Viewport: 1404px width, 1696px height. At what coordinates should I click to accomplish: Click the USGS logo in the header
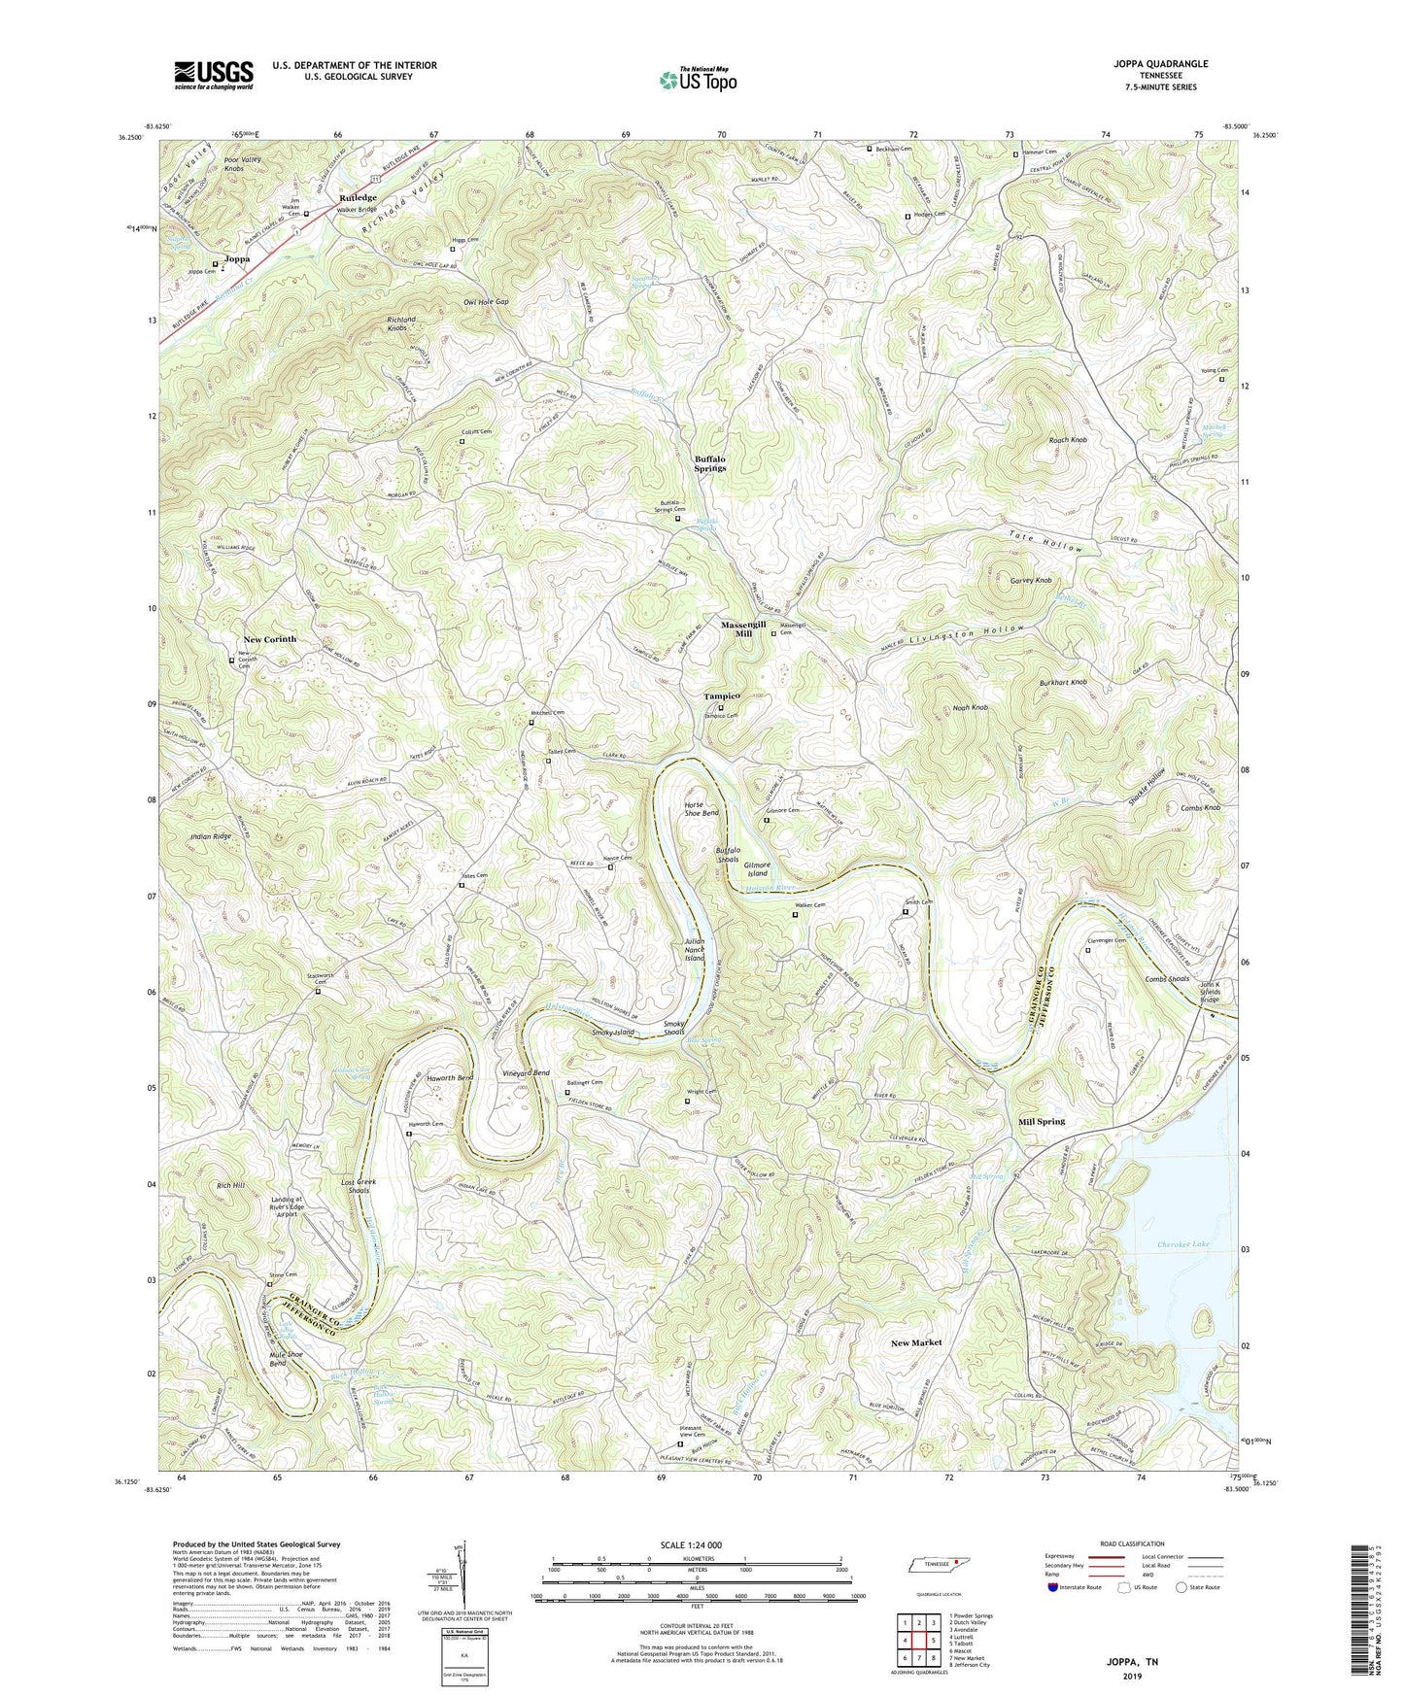coord(213,75)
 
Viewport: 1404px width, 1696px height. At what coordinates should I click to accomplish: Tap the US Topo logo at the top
coord(696,80)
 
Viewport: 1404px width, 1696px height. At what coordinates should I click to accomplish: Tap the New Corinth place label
coord(269,639)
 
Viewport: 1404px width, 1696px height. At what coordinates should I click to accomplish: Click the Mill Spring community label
coord(1041,1121)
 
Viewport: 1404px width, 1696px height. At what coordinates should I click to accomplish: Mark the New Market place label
coord(915,1342)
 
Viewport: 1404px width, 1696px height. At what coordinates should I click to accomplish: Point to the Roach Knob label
coord(1068,440)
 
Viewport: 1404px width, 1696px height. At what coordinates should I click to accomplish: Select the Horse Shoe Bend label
coord(701,809)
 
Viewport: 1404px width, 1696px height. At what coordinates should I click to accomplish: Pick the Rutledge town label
coord(357,197)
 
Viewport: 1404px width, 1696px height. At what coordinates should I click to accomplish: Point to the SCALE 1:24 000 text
coord(696,1544)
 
